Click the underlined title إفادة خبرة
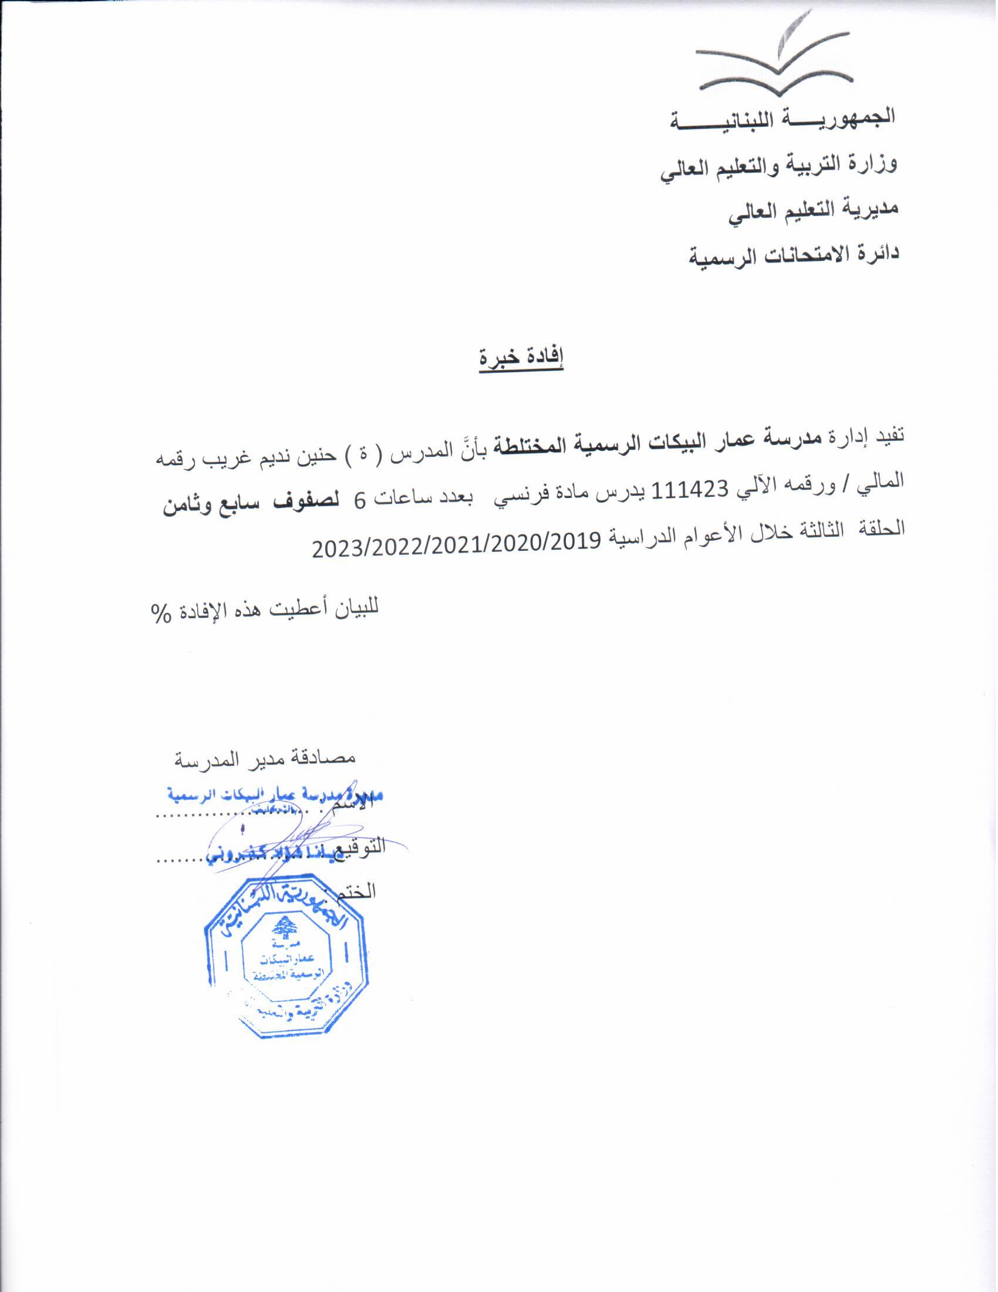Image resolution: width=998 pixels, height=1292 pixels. [521, 359]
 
